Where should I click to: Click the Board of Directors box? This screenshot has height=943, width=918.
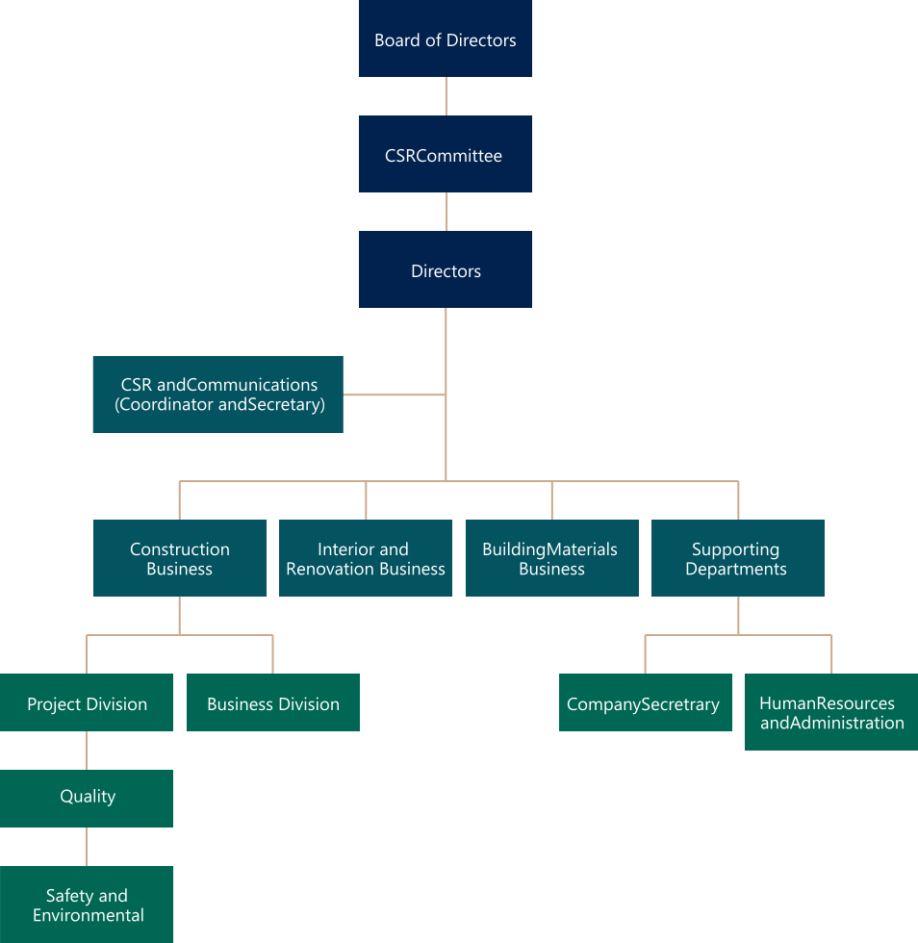445,39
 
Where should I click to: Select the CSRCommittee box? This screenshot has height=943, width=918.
445,155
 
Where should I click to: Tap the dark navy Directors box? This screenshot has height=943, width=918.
445,270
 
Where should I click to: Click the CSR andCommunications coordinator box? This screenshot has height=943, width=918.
218,395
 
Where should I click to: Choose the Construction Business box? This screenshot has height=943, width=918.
180,558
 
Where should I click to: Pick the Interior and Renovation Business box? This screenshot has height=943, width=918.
366,558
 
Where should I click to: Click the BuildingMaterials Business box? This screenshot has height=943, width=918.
551,558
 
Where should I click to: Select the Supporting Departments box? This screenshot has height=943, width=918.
737,558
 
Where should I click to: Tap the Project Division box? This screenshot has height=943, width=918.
87,703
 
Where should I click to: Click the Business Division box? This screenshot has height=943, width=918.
273,703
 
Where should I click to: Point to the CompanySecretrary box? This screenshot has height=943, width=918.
645,703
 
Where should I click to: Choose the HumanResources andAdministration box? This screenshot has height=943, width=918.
831,713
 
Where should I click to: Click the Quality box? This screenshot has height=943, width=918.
87,798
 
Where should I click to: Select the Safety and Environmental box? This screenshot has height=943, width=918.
87,905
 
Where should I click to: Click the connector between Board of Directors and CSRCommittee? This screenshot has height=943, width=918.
446,96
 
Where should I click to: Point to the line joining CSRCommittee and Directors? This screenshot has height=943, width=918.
446,212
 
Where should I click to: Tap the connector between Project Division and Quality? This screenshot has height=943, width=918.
87,751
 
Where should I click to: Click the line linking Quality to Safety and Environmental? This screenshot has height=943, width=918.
87,847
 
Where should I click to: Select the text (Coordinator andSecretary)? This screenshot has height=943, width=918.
219,405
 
